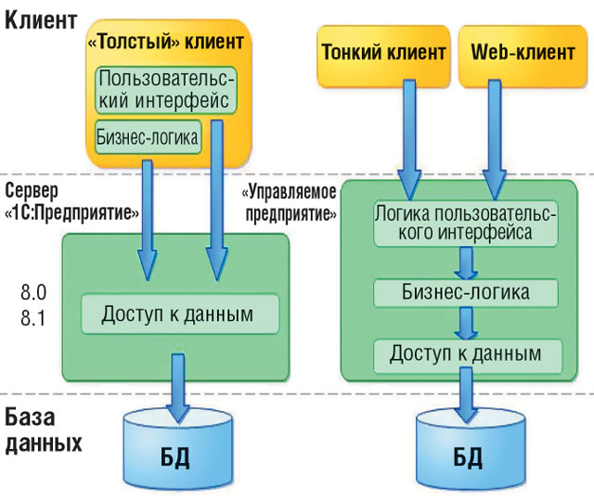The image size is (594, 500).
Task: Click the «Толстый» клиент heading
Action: [166, 42]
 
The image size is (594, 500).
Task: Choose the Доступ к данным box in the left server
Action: [180, 314]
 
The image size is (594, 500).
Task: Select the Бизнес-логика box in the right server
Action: [466, 292]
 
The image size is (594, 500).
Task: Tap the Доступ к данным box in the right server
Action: [466, 353]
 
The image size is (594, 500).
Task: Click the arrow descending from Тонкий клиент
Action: [406, 130]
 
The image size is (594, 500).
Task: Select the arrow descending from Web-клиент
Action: [488, 130]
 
